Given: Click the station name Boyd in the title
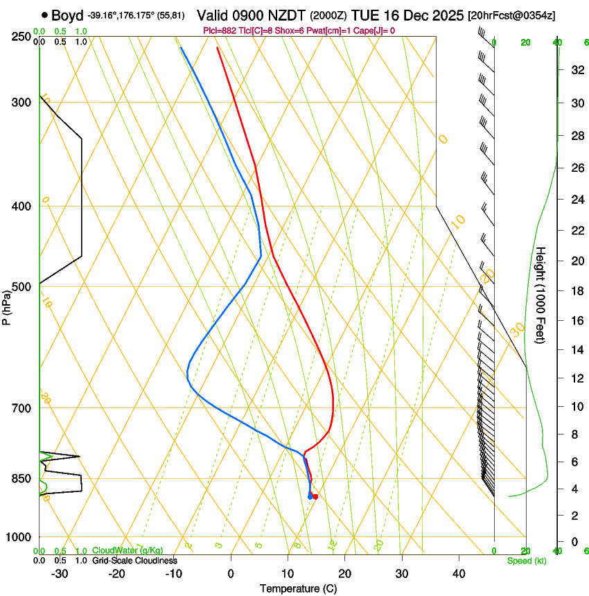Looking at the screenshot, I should (67, 15).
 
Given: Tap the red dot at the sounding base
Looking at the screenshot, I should (315, 497).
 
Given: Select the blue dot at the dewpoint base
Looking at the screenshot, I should (310, 496).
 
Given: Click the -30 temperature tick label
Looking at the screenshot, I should (60, 574).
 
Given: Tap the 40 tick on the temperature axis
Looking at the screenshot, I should (459, 574).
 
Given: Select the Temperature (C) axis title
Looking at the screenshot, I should (298, 588).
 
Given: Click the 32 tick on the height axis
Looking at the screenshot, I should (576, 69).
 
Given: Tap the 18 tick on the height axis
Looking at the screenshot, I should (576, 291).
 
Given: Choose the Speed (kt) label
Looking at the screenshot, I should (527, 561).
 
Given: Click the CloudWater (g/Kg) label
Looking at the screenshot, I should (128, 551).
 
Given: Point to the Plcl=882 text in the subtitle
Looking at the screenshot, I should (220, 30).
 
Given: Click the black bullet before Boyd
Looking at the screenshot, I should (44, 15).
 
